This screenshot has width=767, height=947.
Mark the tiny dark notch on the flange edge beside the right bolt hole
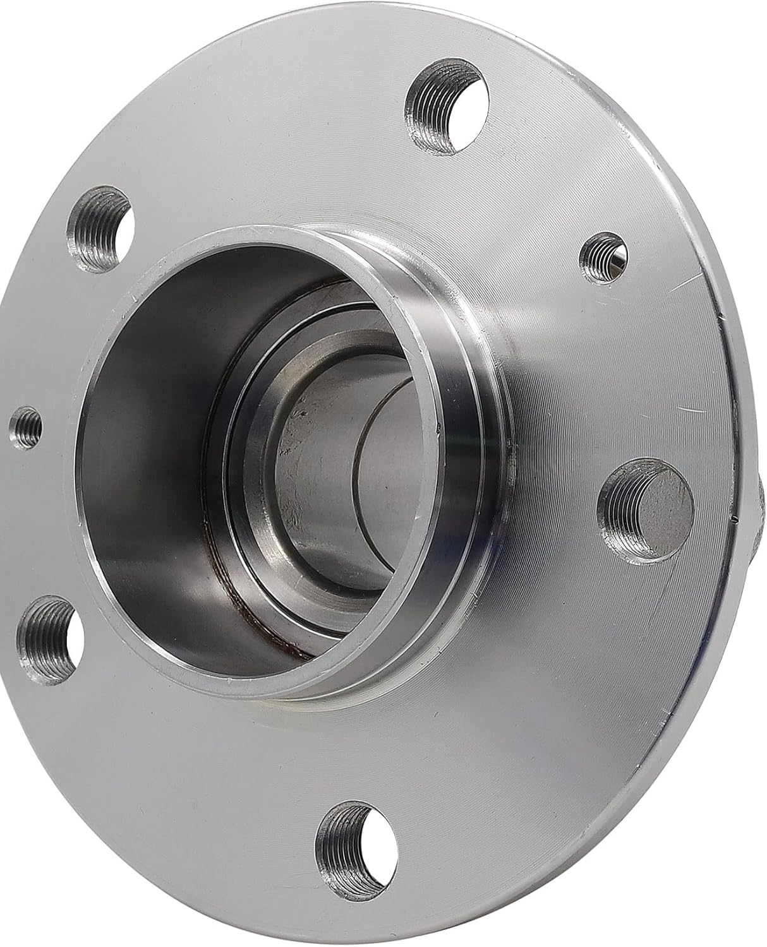pos(736,519)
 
